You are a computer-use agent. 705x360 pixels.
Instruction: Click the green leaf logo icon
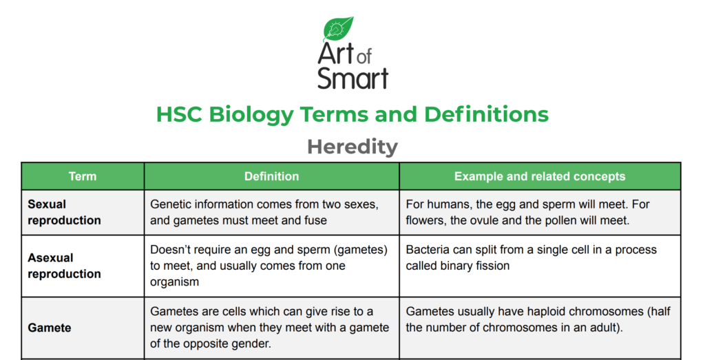(338, 29)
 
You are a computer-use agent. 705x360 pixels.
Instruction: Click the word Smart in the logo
(352, 78)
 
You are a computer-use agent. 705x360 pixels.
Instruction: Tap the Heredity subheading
(352, 146)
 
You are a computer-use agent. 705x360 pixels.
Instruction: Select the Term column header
(83, 177)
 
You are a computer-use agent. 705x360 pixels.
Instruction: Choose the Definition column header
(271, 177)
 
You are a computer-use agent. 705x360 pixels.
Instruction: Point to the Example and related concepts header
(540, 177)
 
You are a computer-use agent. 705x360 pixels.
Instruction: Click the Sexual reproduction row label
(64, 212)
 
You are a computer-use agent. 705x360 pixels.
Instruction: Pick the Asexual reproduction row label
(64, 266)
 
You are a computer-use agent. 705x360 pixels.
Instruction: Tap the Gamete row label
(49, 328)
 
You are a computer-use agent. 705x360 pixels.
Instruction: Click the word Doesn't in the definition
(172, 249)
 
